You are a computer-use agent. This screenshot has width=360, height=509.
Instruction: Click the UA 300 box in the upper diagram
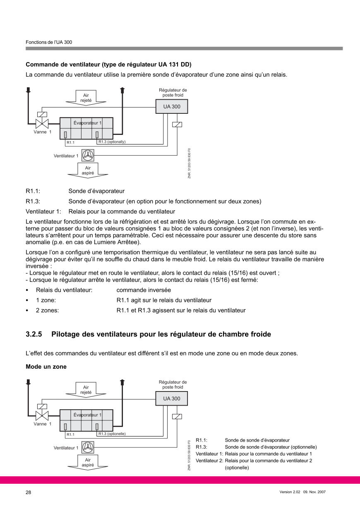pos(171,107)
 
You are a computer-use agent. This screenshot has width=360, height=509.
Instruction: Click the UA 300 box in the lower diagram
pos(171,399)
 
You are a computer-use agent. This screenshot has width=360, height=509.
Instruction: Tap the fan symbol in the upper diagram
pos(88,156)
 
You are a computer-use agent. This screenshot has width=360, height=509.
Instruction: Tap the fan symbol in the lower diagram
pos(88,447)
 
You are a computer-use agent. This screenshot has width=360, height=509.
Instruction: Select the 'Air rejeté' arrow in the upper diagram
pos(86,98)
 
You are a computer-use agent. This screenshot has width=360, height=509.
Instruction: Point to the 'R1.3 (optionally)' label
pos(112,142)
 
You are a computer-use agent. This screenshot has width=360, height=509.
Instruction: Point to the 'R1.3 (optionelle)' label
pos(112,434)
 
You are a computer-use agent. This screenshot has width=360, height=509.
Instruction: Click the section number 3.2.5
pos(34,334)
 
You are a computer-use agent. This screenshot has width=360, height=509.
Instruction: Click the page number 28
pos(28,492)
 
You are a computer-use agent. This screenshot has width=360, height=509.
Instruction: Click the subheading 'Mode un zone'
pos(46,367)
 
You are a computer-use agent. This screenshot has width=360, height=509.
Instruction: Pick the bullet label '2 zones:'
pos(47,310)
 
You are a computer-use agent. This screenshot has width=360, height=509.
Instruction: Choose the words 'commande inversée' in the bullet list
pos(144,290)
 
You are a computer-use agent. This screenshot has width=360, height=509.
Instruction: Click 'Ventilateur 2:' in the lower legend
pos(209,461)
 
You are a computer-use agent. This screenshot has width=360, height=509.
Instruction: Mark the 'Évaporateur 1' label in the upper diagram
pos(87,123)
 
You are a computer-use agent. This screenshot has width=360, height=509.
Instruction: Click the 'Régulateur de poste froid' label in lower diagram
pos(173,384)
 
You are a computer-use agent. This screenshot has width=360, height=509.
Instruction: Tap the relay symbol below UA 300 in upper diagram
pos(177,125)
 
